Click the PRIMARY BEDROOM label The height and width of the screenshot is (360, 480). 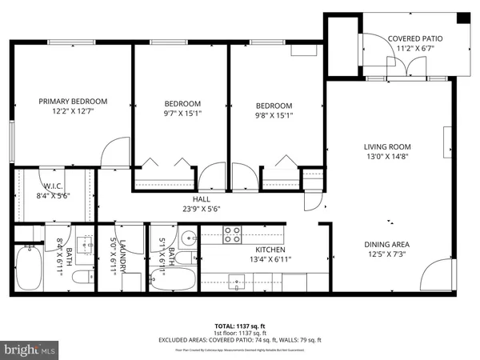coord(73,102)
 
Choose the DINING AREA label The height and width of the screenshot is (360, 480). coord(387,245)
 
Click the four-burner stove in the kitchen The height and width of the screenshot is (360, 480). coord(231,234)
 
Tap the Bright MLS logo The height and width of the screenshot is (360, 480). coord(30,349)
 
